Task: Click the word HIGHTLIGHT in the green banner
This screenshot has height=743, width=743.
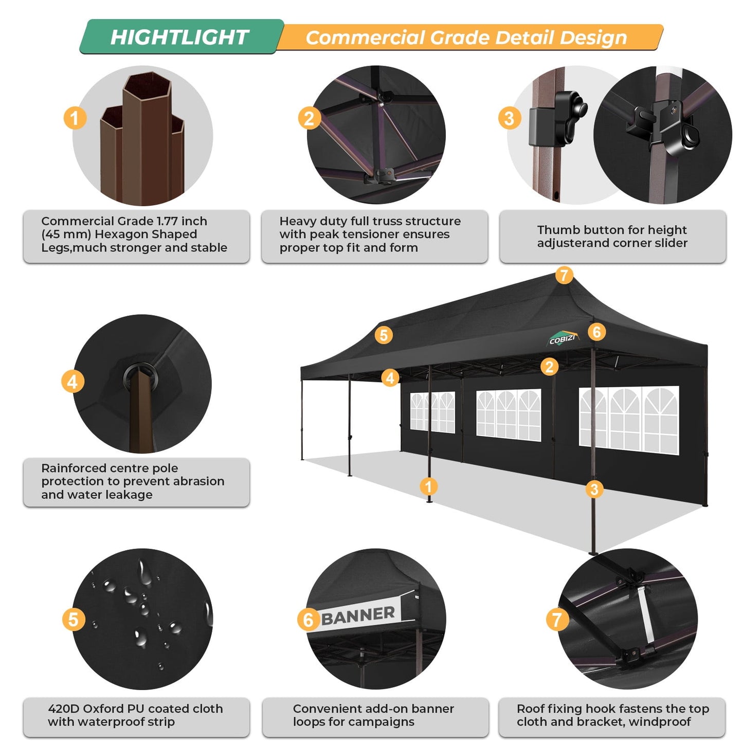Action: pos(179,37)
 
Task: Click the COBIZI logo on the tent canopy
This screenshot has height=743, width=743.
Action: pos(563,339)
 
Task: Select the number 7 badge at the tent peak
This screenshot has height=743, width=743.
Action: pos(564,275)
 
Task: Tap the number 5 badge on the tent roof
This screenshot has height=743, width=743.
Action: pos(384,335)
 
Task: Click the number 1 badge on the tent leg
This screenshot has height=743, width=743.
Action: pos(428,486)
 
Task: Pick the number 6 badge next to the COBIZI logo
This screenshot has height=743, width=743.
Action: pos(596,332)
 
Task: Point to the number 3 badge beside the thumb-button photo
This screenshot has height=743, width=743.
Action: pos(509,118)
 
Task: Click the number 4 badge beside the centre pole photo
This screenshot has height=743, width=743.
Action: pos(73,382)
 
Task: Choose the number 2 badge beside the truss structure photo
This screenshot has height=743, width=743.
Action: pos(309,119)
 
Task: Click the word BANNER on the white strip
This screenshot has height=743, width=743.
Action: pos(358,615)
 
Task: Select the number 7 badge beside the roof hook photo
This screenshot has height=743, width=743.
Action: pos(557,620)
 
